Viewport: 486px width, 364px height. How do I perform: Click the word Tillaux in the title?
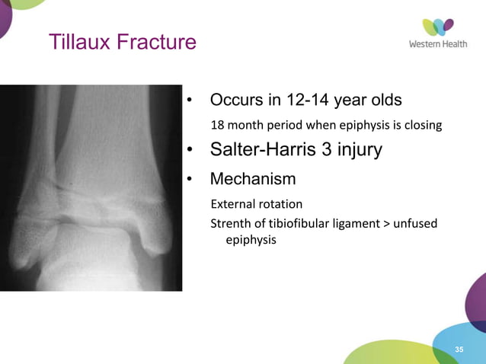78,42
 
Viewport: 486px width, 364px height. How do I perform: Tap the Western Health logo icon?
438,27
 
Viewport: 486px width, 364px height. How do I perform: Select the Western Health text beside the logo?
438,44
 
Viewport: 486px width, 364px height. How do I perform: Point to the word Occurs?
235,101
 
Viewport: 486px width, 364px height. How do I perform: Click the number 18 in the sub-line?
218,124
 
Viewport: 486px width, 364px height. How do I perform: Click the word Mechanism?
252,180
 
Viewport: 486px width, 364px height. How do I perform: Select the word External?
233,204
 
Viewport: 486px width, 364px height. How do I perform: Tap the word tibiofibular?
299,223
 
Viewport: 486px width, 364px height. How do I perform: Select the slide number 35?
459,349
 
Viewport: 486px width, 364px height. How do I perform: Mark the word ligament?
358,223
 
